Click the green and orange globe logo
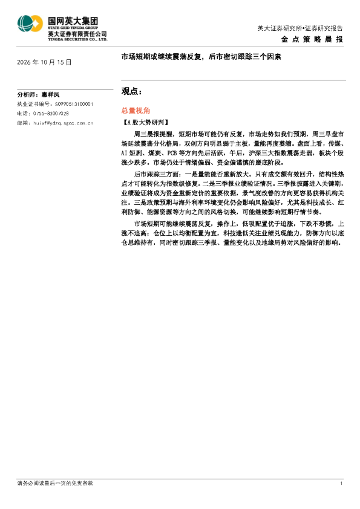click(x=30, y=24)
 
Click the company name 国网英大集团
click(x=73, y=21)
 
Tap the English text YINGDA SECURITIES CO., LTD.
click(x=77, y=39)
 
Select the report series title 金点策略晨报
click(x=312, y=39)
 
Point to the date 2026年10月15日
click(x=44, y=62)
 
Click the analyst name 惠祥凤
click(x=50, y=95)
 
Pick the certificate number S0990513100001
click(x=74, y=104)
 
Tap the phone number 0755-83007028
click(x=51, y=114)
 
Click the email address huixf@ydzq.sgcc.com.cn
click(x=64, y=123)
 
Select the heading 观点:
click(x=131, y=91)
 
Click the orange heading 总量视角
click(x=136, y=111)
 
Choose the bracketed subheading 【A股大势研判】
click(x=145, y=122)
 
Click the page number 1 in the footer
click(x=341, y=484)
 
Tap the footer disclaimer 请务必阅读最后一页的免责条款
click(x=55, y=484)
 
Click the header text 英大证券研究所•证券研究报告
click(x=300, y=28)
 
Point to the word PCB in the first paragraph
click(x=172, y=153)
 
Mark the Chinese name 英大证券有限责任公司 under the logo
click(x=77, y=34)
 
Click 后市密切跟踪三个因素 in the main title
click(x=245, y=57)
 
